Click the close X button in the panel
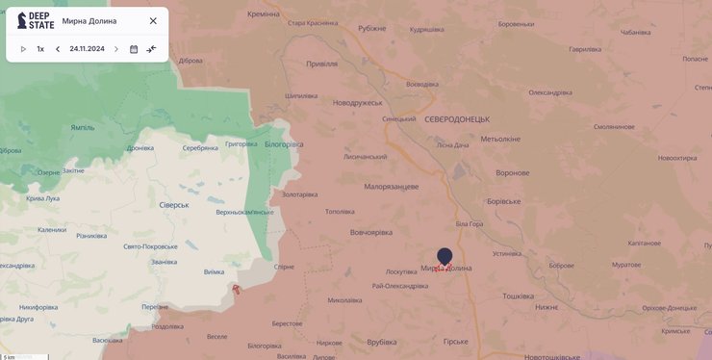click(x=153, y=20)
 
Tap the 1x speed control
click(x=40, y=49)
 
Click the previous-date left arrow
click(x=58, y=49)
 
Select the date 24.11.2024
click(x=87, y=49)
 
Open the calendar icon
click(x=134, y=49)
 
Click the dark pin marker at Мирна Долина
click(x=445, y=256)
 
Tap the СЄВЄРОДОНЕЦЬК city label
click(x=457, y=118)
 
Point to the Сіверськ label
click(x=174, y=205)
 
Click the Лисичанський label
click(x=365, y=157)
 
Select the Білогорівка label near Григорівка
click(x=284, y=144)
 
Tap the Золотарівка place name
click(x=299, y=194)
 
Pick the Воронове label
click(x=512, y=172)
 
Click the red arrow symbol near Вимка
click(x=236, y=289)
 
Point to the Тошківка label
click(x=518, y=296)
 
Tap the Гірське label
click(x=455, y=342)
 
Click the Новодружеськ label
click(x=358, y=102)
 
